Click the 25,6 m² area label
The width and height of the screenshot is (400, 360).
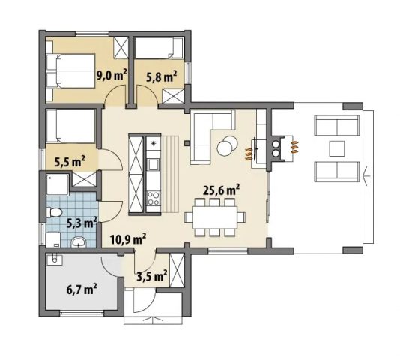[x=221, y=190]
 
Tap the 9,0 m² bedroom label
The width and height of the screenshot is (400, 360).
[x=112, y=75]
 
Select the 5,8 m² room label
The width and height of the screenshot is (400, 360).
[x=161, y=76]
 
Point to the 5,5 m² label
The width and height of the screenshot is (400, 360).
[x=70, y=161]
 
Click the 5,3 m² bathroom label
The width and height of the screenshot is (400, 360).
[x=82, y=223]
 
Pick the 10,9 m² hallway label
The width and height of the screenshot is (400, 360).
[x=128, y=239]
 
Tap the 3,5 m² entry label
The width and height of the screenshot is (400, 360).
[x=152, y=276]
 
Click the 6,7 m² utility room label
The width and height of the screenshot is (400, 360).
[x=82, y=289]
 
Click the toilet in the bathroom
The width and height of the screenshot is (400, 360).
[x=55, y=212]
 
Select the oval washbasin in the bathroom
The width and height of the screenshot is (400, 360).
[x=79, y=241]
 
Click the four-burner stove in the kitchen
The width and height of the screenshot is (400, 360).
[x=154, y=199]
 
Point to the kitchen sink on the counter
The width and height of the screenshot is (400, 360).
[x=154, y=164]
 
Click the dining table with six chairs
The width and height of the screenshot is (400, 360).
[x=215, y=217]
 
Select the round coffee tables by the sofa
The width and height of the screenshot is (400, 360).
[x=227, y=146]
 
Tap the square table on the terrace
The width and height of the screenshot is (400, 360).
[x=337, y=148]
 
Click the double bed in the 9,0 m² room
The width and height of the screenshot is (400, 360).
[x=71, y=71]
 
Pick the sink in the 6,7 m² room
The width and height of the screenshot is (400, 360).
[x=55, y=260]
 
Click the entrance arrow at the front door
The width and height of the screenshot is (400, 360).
[x=154, y=320]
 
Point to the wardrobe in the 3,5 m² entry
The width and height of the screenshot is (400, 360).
[x=177, y=270]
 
